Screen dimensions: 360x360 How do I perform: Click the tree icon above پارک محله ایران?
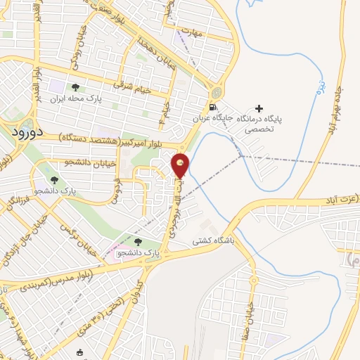click(75, 87)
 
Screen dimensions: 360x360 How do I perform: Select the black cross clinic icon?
click(259, 108)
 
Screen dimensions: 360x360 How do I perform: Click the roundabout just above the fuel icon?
click(217, 92)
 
